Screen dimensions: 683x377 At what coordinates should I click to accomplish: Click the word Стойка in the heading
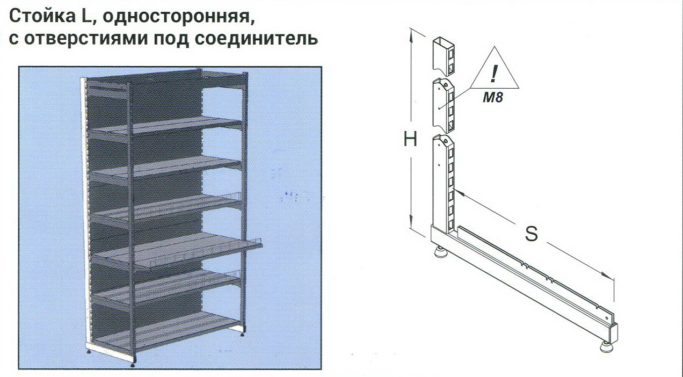(42, 16)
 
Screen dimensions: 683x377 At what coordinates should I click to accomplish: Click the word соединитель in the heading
(256, 39)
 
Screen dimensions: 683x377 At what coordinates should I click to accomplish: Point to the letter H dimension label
(410, 139)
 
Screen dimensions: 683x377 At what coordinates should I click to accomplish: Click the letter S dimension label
(531, 234)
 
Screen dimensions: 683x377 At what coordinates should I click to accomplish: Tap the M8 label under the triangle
(493, 97)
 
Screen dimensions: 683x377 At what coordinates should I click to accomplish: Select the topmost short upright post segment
(444, 56)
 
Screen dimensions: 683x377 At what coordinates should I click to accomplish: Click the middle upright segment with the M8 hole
(443, 106)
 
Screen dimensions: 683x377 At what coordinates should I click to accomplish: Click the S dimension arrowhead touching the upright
(457, 192)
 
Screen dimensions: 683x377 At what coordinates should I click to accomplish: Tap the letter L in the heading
(85, 17)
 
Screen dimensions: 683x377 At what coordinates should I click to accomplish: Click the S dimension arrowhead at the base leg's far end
(609, 277)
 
